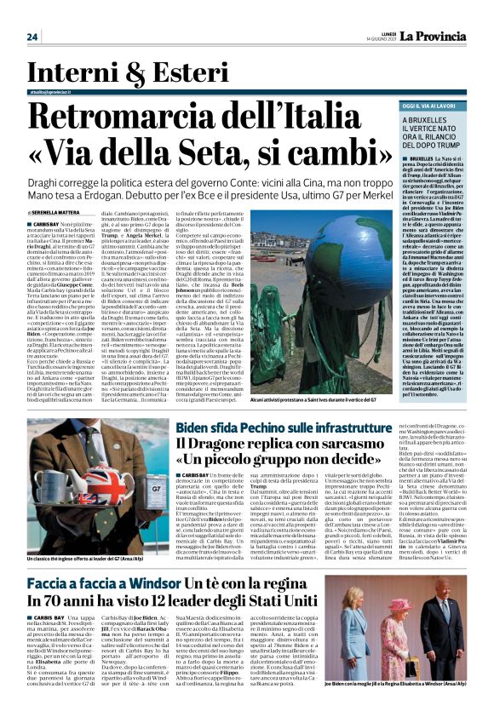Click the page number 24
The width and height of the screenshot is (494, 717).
[32, 37]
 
